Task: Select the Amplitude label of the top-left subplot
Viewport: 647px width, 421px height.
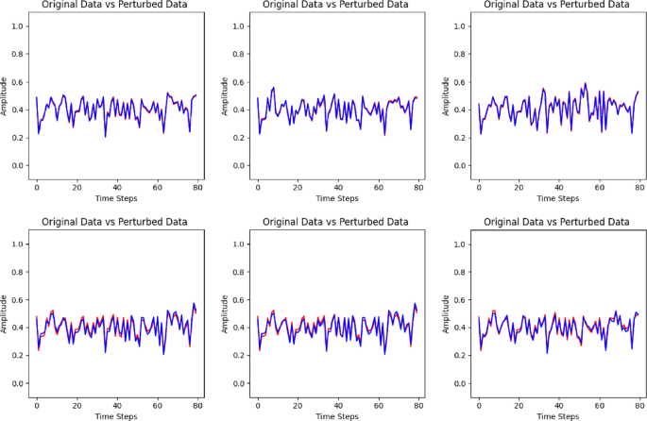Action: [6, 96]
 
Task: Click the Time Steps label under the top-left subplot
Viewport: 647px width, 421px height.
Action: [117, 199]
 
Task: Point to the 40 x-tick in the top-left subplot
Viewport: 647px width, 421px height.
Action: [117, 187]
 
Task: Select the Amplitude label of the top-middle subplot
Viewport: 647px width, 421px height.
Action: [227, 96]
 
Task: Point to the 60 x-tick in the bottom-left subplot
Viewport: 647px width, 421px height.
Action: [157, 404]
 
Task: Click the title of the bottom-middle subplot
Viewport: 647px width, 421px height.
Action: [334, 222]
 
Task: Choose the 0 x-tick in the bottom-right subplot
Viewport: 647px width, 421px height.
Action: [479, 404]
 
